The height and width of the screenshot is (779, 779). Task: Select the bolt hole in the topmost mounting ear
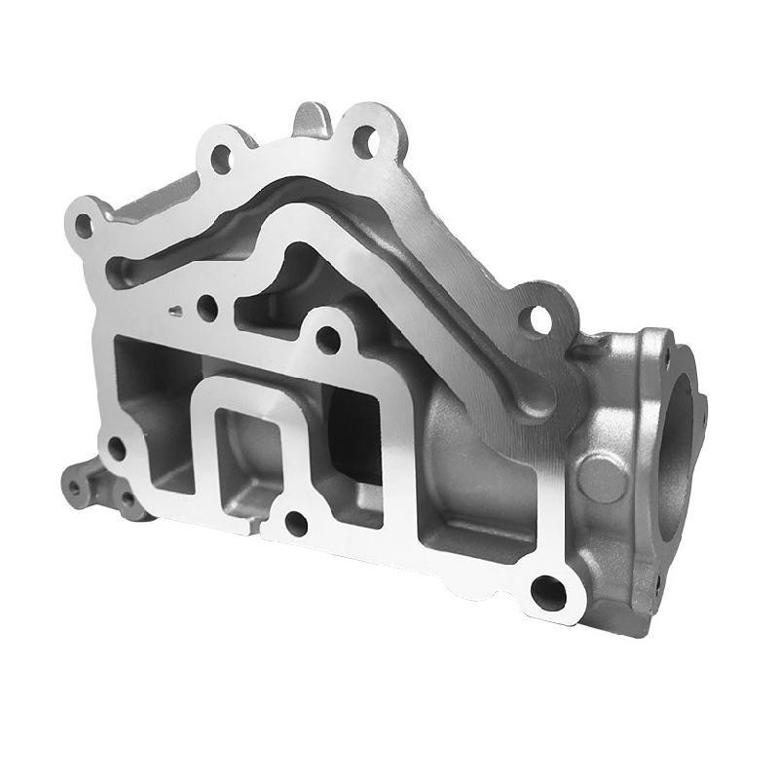(x=365, y=139)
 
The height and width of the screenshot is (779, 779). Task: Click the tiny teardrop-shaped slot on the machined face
(x=174, y=312)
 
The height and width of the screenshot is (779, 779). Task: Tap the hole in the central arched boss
(x=329, y=340)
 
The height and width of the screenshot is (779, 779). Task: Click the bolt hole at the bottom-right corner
(x=549, y=589)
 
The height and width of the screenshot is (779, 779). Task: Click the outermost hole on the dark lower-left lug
(x=73, y=481)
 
